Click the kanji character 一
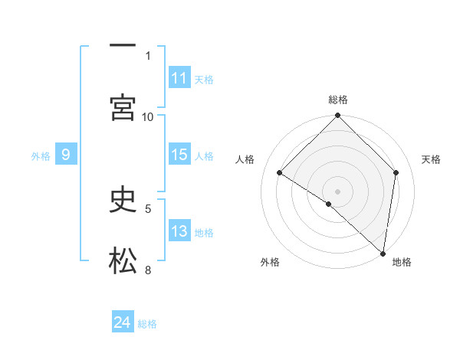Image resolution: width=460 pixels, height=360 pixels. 123,45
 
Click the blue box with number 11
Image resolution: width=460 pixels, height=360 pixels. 179,78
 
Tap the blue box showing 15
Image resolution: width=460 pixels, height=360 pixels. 179,155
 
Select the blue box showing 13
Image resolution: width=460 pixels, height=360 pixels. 179,231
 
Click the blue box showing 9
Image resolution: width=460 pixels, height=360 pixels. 66,155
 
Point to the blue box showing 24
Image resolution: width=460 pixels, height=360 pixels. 123,322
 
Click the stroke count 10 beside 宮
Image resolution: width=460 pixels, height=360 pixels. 148,116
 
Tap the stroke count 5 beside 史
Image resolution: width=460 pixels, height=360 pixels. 148,208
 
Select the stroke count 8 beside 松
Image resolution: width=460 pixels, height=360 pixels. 148,270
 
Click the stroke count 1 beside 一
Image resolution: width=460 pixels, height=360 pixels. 148,55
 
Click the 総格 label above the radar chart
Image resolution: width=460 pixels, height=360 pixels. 338,100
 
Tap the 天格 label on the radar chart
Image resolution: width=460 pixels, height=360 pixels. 431,159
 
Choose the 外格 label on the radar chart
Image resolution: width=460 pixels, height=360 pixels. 270,262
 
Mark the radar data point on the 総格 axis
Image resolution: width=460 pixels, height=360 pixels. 338,117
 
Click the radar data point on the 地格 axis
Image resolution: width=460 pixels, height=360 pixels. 383,253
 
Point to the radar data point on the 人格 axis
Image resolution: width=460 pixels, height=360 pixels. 280,173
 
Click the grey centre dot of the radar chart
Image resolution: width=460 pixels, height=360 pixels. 338,191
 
